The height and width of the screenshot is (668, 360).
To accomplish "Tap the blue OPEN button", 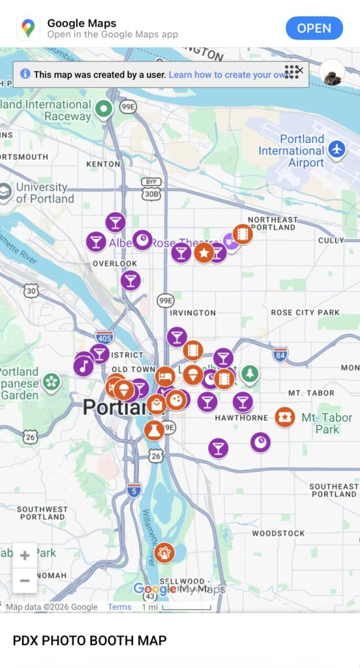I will pos(314,28).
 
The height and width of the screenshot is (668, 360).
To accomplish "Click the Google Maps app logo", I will pos(28,28).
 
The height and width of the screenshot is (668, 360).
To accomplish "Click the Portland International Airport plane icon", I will pos(337,149).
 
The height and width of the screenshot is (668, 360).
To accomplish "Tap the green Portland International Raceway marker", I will pos(103,109).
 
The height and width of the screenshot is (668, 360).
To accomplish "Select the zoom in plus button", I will pos(25,556).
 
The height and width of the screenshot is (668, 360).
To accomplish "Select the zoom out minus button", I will pos(25,580).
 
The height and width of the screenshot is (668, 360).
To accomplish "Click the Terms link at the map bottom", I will pos(119,607).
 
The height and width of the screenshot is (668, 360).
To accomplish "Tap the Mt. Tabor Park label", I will pos(327,423).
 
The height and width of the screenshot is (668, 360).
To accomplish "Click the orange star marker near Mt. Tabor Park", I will pos(284,416).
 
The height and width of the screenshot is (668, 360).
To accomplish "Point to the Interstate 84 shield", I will pos(280,354).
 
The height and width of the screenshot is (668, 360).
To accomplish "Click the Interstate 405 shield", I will pos(104,337).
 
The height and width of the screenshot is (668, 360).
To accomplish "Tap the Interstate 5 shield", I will pos(134,490).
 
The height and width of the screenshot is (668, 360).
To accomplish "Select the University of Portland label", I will pos(44,193).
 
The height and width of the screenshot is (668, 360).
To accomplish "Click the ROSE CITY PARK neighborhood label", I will pos(305,312).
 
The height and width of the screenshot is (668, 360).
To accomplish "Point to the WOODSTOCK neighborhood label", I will pos(278,533).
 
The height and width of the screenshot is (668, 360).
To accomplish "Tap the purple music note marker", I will pos(83,366).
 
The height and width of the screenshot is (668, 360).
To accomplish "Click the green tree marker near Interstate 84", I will pos(250,374).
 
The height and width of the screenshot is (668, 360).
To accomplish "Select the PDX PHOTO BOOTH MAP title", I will pos(89,641).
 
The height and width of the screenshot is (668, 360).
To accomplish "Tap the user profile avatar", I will pos(333,73).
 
